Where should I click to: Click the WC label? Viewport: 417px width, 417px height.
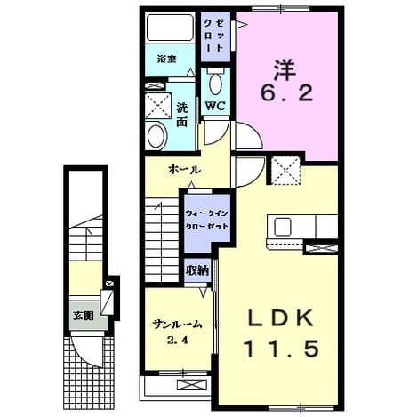215,106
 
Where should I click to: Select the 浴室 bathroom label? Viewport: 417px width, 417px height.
167,60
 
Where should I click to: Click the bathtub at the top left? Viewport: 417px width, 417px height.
170,27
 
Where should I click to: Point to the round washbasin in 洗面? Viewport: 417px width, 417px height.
156,136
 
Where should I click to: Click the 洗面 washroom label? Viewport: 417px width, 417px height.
182,115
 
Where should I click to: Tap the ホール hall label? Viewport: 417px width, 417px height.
184,170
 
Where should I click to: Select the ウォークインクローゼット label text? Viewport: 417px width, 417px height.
206,220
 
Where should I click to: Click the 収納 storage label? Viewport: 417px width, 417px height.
197,270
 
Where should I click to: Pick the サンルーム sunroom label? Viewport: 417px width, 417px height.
177,325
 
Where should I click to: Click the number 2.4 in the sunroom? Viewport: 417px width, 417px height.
178,341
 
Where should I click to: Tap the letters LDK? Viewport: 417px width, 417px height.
281,318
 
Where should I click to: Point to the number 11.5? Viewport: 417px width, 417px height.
281,349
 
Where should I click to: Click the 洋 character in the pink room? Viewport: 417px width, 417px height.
285,70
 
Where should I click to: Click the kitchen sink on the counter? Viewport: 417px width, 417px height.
282,226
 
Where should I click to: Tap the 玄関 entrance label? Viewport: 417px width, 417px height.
84,316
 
